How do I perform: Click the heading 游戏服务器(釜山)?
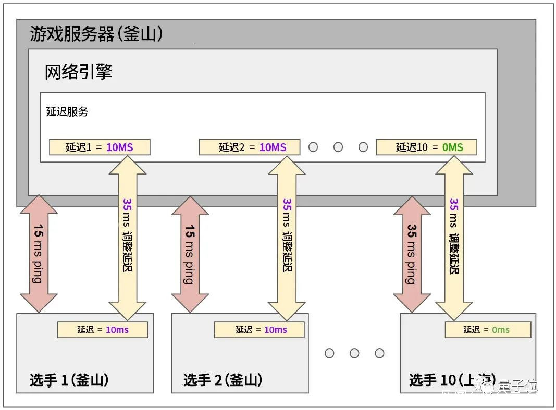click(x=97, y=34)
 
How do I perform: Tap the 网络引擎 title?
click(x=79, y=72)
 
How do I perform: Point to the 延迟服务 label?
click(x=67, y=111)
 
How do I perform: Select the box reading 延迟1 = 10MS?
click(x=100, y=147)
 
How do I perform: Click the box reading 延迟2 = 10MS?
click(x=250, y=147)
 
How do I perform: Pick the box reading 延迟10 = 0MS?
click(x=426, y=147)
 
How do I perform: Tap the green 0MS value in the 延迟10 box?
click(x=452, y=147)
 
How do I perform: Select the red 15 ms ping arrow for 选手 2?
click(x=190, y=254)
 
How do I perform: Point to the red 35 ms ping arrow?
click(x=412, y=254)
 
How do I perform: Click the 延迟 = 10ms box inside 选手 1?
click(x=103, y=329)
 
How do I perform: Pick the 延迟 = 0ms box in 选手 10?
click(x=488, y=329)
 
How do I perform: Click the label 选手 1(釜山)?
click(x=69, y=380)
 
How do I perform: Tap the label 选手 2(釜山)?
click(x=223, y=380)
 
